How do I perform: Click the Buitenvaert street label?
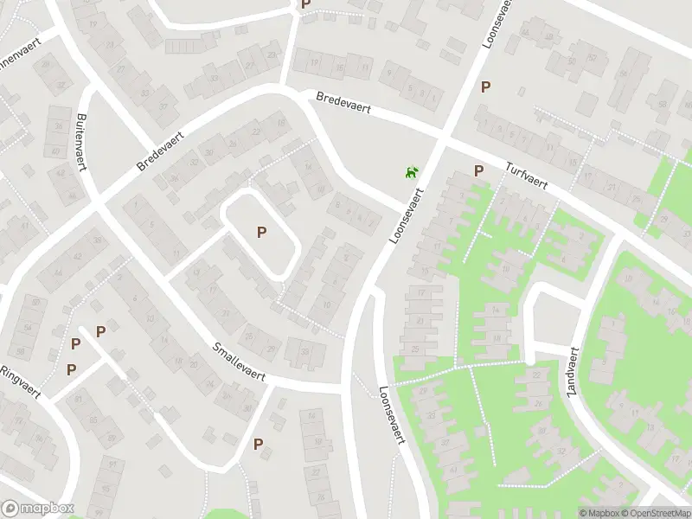click(82, 143)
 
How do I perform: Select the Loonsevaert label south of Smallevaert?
click(392, 415)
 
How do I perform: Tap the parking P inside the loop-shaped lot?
click(261, 232)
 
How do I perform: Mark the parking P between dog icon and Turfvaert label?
click(477, 170)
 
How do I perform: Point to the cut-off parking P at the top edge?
click(304, 4)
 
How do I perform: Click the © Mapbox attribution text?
click(602, 513)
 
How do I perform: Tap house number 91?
click(80, 400)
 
